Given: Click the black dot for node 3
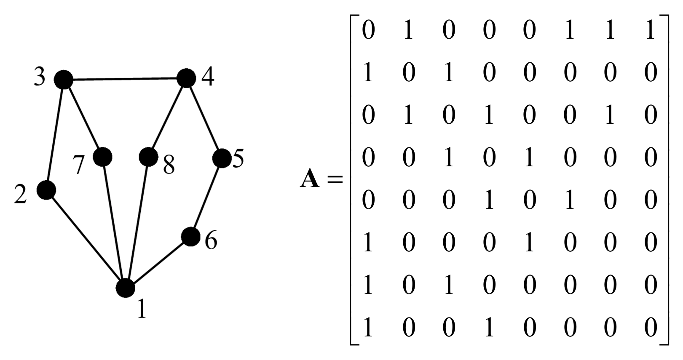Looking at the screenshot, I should point(64,79).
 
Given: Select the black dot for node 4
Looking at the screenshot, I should point(186,78).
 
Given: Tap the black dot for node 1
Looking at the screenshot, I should point(126,288).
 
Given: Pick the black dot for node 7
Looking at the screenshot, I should point(102,157).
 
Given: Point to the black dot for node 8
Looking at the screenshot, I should point(148,157).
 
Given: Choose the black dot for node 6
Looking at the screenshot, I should point(190,237).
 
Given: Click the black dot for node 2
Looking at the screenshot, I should point(46,190).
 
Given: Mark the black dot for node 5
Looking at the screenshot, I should point(222,158).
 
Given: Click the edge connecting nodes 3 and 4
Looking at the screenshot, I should point(125,79).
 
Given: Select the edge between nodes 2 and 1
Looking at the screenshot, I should point(86,239).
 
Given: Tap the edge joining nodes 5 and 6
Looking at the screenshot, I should point(206,197).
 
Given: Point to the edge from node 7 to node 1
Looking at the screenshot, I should point(114,222).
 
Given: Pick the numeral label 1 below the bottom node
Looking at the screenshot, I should point(142,310).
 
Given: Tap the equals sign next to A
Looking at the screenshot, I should point(335,180).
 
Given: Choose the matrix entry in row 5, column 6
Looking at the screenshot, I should point(569,200).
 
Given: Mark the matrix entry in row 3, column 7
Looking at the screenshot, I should point(610,115).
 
